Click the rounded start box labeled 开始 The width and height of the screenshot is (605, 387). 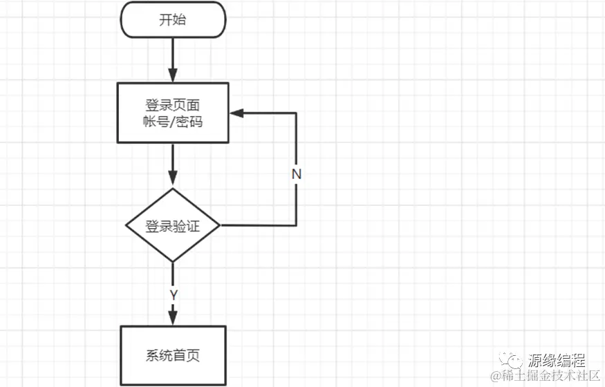coord(173,19)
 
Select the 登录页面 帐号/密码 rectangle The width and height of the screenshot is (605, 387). coord(173,113)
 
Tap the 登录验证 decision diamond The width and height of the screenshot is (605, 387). coord(173,225)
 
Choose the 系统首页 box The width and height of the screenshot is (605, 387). coord(173,356)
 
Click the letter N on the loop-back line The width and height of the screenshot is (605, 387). coord(297,174)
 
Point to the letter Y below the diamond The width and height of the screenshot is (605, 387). coord(174,294)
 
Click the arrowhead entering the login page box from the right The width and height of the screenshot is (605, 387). coord(236,113)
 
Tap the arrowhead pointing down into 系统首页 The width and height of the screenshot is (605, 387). coord(173,318)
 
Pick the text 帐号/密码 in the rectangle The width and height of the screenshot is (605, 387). coord(173,122)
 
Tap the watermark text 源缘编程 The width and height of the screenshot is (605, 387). coord(557,360)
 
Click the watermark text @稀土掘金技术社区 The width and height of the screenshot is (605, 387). coord(547,376)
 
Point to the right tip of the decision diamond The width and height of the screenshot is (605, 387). coord(220,225)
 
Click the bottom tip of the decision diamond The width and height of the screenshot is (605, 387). coord(173,262)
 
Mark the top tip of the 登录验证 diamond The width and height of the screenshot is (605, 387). coord(173,189)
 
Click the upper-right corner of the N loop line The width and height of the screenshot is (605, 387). coord(297,113)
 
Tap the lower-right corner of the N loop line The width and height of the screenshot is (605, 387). coord(297,225)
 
